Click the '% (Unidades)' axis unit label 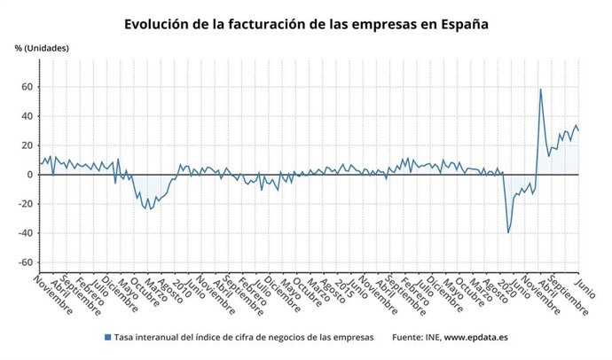42,48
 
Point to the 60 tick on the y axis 27,87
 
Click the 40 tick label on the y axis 27,116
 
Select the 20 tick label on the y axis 27,145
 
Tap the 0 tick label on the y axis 29,175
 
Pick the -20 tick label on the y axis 25,204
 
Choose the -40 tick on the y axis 25,233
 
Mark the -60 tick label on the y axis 25,262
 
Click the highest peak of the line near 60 541,89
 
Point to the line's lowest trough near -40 508,232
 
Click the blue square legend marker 108,337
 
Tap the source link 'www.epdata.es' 475,337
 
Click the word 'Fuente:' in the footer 408,337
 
